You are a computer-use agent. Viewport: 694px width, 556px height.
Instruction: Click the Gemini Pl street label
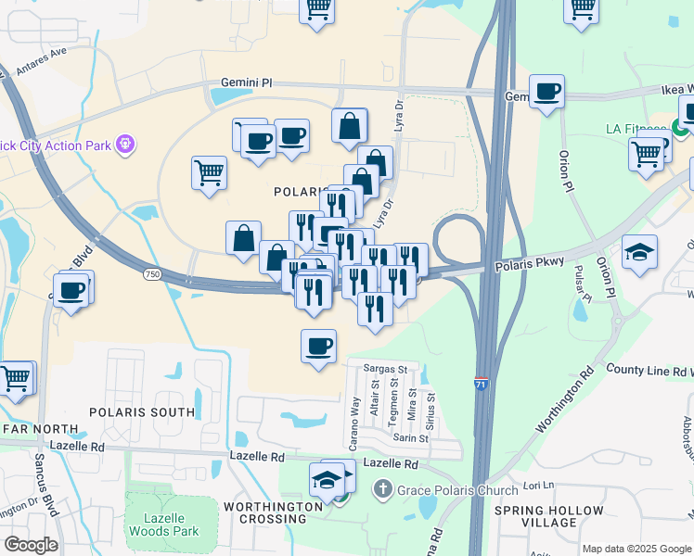tap(246, 82)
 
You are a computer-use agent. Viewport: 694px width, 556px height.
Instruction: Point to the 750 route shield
tap(152, 274)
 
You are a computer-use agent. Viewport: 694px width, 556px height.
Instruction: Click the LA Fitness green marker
tap(680, 130)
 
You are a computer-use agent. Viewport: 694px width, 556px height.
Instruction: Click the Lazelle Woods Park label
tap(162, 524)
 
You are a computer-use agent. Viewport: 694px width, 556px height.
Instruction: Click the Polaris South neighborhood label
tap(142, 411)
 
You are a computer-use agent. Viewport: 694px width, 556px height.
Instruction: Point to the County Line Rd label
tap(648, 369)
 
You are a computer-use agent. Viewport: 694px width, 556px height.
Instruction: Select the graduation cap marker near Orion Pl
tap(640, 252)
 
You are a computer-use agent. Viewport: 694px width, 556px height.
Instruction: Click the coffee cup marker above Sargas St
tap(318, 346)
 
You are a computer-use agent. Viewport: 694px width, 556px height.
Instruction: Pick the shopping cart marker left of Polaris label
tap(209, 171)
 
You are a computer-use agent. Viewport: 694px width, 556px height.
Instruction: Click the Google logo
tap(32, 545)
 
